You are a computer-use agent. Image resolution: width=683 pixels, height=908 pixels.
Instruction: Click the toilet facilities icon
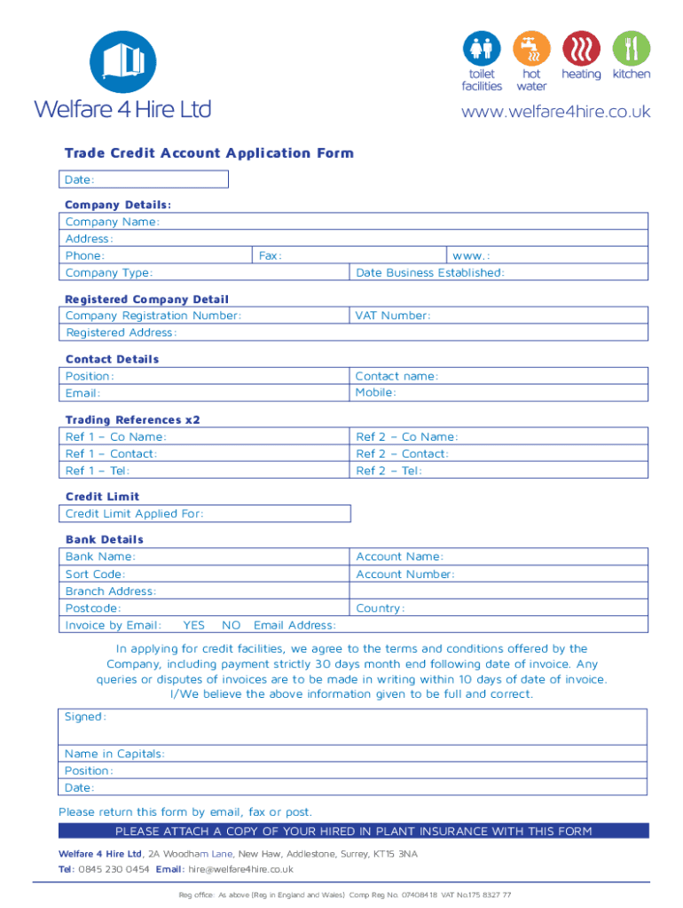point(482,48)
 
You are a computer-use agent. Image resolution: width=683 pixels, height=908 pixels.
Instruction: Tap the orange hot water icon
point(531,48)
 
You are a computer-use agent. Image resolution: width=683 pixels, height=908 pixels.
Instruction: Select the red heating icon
point(581,48)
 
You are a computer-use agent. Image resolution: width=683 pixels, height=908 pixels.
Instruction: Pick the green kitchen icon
point(631,48)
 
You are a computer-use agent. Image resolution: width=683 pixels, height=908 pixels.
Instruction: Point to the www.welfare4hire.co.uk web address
point(555,112)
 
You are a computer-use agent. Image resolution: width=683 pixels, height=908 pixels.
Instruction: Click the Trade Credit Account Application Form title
point(208,153)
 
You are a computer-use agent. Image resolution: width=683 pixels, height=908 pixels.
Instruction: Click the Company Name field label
point(113,222)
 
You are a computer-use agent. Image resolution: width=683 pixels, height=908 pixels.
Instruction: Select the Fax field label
point(270,255)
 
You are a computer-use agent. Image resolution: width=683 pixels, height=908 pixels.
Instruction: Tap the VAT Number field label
point(393,316)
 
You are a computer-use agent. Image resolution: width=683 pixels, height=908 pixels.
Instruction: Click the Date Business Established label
point(429,272)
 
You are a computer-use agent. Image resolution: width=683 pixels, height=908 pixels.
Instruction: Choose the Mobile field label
point(376,392)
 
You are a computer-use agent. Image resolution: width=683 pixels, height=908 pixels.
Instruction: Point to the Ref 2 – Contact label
point(402,453)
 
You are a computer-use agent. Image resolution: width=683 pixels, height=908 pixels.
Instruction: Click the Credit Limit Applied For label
point(135,513)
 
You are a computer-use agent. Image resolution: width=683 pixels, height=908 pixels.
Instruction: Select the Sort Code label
point(95,574)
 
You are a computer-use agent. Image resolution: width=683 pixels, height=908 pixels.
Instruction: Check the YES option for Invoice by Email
point(193,625)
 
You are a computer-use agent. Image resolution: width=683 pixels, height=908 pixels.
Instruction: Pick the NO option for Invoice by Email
point(232,625)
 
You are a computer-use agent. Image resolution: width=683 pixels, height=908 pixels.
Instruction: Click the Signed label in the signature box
point(85,716)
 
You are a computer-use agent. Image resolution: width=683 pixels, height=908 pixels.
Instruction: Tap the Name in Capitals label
point(114,754)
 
